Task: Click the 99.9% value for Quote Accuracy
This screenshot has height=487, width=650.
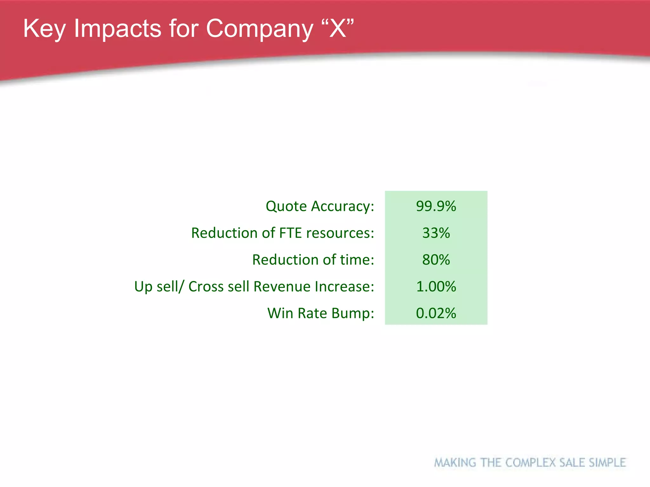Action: tap(436, 206)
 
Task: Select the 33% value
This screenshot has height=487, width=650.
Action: tap(436, 233)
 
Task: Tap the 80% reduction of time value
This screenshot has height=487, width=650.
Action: tap(436, 260)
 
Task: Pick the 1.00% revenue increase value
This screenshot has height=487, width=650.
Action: tap(436, 286)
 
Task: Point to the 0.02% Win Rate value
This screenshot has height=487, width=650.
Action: tap(436, 313)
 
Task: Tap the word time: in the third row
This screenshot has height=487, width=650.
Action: tap(357, 260)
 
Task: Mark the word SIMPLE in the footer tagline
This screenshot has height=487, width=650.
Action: tap(607, 463)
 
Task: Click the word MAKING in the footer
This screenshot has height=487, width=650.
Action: tap(455, 463)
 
